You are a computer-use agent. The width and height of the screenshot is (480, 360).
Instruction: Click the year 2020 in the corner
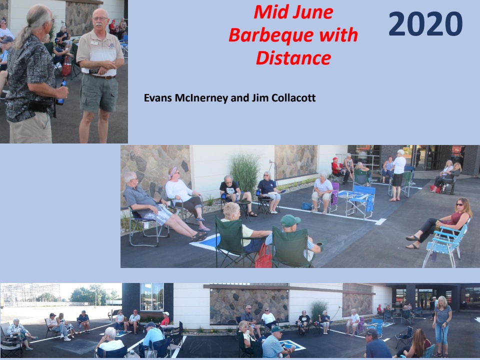click(x=425, y=24)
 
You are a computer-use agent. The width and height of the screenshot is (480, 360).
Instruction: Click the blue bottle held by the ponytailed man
click(x=61, y=92)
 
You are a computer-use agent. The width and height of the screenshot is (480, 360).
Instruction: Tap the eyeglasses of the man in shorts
click(x=100, y=19)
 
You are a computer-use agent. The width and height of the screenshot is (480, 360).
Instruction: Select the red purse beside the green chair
click(x=263, y=256)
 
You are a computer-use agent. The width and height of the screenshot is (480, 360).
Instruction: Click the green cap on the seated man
click(x=289, y=220)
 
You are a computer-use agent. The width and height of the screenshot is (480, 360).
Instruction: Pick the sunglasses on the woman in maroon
click(x=459, y=204)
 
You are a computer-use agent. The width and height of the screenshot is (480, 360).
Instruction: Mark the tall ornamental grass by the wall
click(x=245, y=173)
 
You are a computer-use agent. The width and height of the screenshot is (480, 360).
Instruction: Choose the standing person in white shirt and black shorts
click(x=398, y=175)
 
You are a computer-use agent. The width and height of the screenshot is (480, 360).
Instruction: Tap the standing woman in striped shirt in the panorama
click(x=442, y=326)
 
